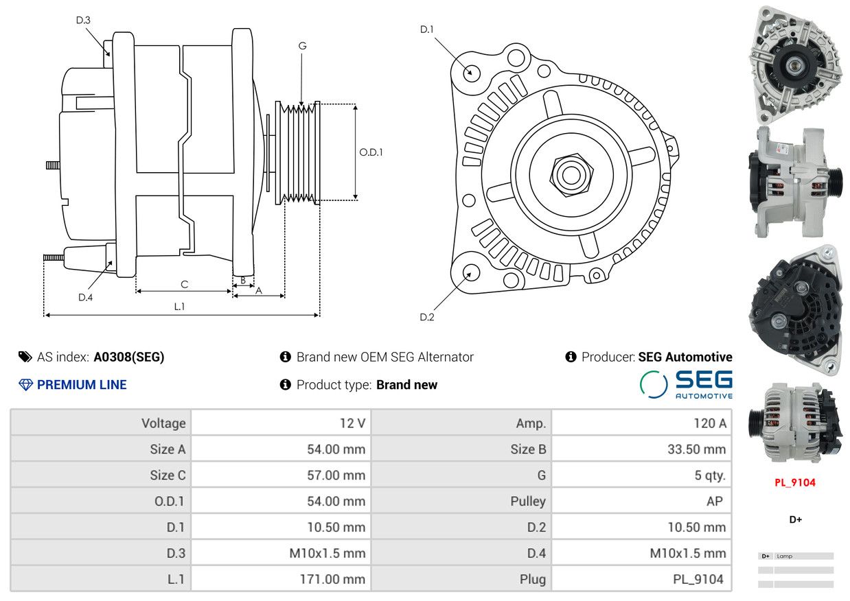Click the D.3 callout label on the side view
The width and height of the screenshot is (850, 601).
tap(83, 20)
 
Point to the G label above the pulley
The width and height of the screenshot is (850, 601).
tap(302, 46)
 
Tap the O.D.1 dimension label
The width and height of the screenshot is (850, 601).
tap(371, 152)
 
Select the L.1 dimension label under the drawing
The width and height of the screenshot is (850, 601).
tap(179, 307)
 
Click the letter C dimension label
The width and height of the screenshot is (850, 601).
tap(185, 285)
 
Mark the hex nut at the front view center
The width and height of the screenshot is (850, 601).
tap(571, 175)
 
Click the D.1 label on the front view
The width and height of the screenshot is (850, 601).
tap(426, 30)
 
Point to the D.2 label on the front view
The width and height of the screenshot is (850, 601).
tap(427, 317)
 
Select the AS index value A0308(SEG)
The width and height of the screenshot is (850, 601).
tap(129, 357)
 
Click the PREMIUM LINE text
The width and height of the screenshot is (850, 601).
tap(82, 385)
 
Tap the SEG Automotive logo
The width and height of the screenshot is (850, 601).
tap(686, 384)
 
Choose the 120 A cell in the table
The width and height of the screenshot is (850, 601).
tap(710, 423)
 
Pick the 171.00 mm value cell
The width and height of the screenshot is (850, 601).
tap(332, 579)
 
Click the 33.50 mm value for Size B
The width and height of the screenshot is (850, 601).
tap(697, 449)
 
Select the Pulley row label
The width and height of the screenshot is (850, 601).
tap(528, 502)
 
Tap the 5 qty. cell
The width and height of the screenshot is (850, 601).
tap(710, 475)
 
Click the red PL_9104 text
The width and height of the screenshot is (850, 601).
tap(795, 483)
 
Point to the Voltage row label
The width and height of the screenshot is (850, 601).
tap(163, 423)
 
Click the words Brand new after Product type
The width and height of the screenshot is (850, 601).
tap(406, 385)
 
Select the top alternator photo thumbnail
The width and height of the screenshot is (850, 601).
tap(796, 64)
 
